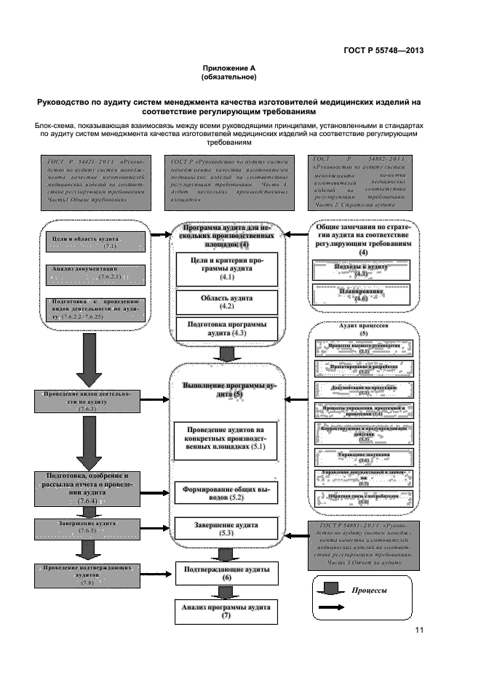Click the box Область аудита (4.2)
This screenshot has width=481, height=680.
point(227,302)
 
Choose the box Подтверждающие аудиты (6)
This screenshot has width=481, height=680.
point(227,572)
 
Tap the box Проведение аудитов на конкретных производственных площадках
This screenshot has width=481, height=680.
point(227,439)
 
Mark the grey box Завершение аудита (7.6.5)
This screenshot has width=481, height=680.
point(87,527)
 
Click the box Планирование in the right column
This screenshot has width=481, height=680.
point(362,295)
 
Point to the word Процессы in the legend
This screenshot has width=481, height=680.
point(368,591)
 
